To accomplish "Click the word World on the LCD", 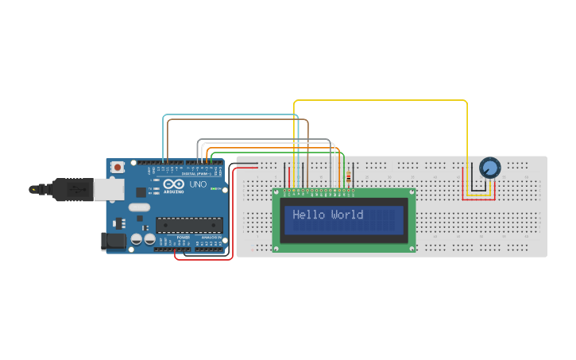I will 346,215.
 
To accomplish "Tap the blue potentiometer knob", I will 489,168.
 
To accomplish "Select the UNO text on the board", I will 197,185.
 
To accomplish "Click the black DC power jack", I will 114,241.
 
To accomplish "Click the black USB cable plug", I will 72,190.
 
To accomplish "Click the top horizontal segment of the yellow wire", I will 381,101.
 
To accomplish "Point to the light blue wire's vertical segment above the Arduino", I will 164,139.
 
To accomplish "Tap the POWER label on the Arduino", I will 183,237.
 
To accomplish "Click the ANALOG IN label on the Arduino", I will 211,237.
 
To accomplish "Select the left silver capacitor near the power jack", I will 137,238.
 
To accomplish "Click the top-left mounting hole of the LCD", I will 277,192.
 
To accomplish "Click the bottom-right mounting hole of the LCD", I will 412,249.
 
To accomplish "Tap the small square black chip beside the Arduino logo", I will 141,192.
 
